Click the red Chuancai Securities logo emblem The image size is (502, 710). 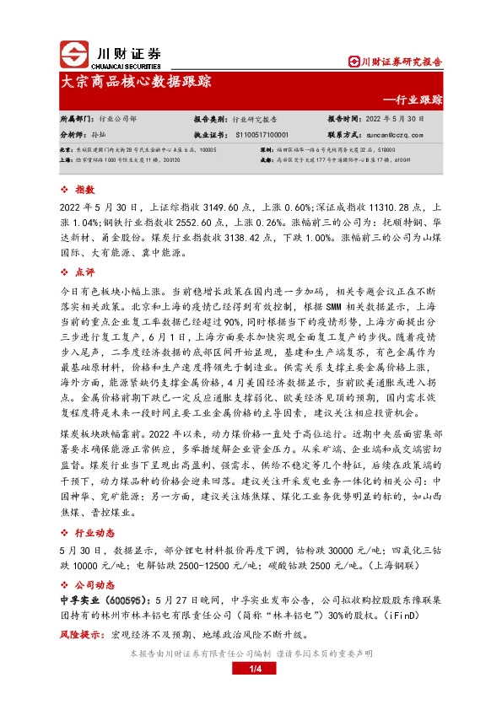tap(75, 55)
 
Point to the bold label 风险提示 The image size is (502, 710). tap(79, 635)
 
